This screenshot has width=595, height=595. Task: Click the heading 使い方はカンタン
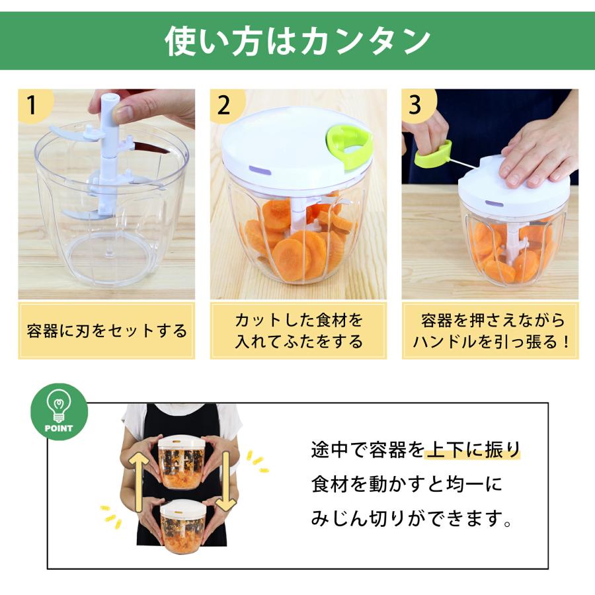(297, 41)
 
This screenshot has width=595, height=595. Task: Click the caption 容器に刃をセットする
(106, 331)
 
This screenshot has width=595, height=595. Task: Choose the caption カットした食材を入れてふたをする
(298, 331)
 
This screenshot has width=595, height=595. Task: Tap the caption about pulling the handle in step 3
(490, 331)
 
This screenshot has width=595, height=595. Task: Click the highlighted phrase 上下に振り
(473, 451)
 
